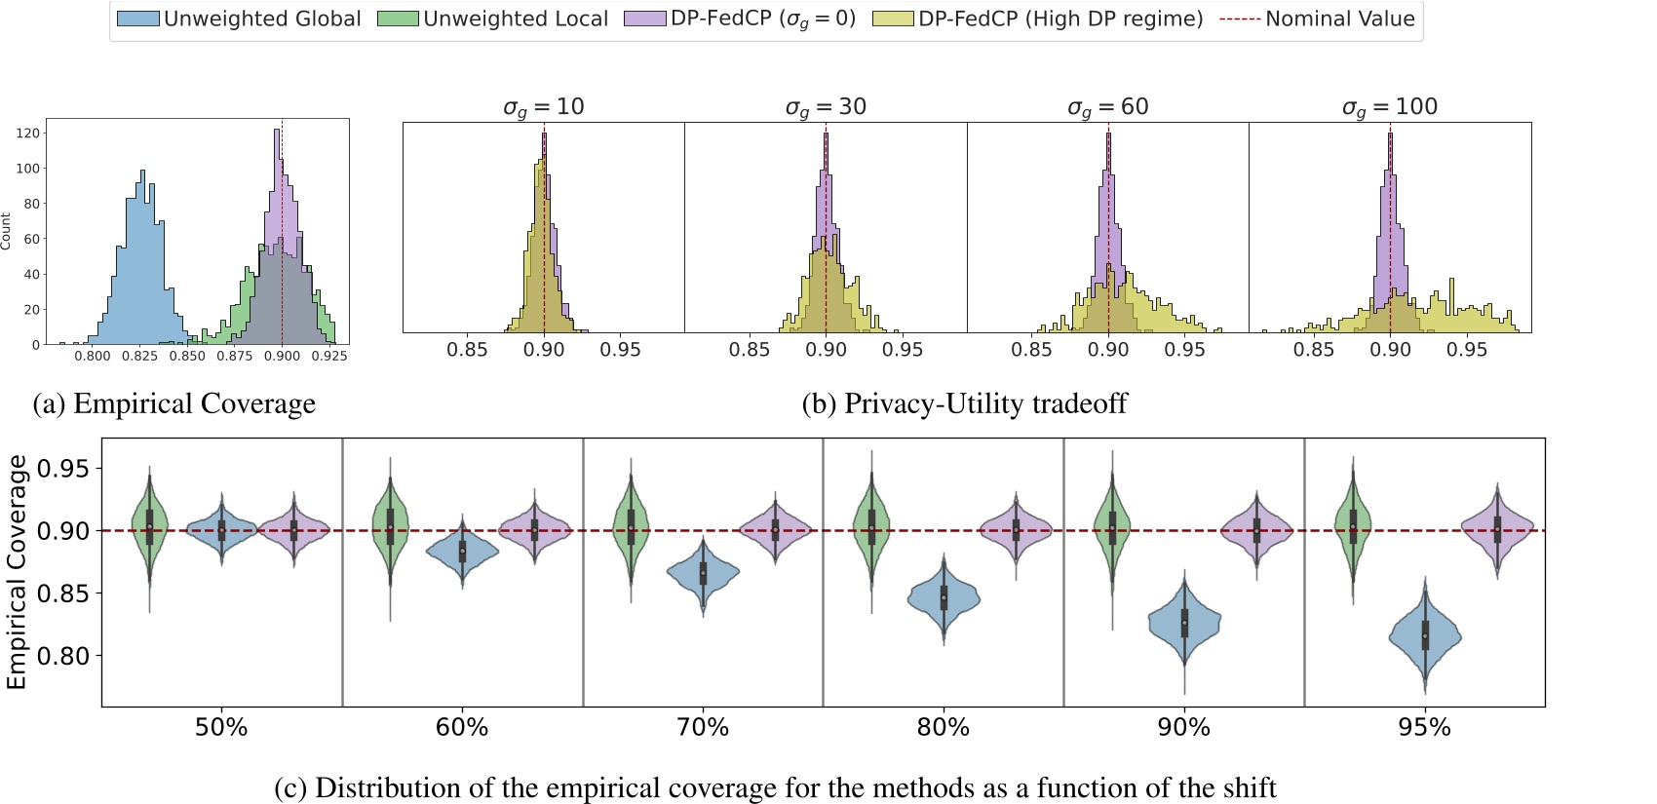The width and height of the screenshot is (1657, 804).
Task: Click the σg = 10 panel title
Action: pos(543,107)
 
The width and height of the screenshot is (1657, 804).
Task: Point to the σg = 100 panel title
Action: pos(1389,107)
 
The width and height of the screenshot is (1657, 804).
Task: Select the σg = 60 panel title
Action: pos(1107,107)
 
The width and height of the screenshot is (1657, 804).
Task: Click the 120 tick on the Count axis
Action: pos(28,133)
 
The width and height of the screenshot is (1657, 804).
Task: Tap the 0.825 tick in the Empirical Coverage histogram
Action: pos(139,357)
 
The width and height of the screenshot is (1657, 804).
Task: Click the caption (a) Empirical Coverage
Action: pos(174,403)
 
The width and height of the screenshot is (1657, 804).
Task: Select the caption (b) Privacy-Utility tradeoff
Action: pos(964,403)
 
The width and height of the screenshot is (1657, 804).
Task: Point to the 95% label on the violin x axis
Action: pos(1424,728)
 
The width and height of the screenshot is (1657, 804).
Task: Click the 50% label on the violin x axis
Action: pos(221,728)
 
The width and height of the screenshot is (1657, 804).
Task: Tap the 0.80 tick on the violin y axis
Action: pos(62,656)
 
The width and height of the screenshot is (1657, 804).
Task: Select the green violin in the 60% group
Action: pos(390,526)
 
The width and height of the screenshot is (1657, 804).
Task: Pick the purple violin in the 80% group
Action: pos(1016,530)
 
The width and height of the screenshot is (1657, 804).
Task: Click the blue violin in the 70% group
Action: pos(703,573)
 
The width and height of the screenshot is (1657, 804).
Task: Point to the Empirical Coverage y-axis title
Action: pos(17,573)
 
